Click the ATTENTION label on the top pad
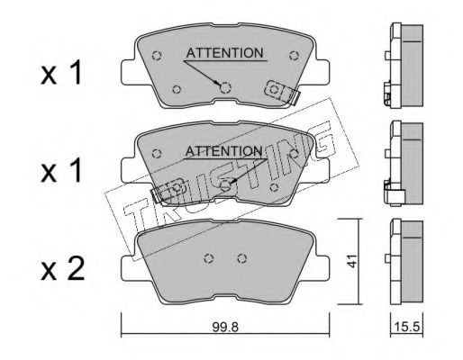(x=224, y=53)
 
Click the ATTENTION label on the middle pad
(x=224, y=151)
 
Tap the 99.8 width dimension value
(x=225, y=327)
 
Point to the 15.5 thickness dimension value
(x=406, y=327)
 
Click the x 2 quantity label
(x=62, y=269)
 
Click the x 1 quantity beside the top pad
(x=61, y=73)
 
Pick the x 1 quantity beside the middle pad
(x=61, y=170)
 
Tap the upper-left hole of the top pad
(x=157, y=56)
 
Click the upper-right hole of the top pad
(x=294, y=56)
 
